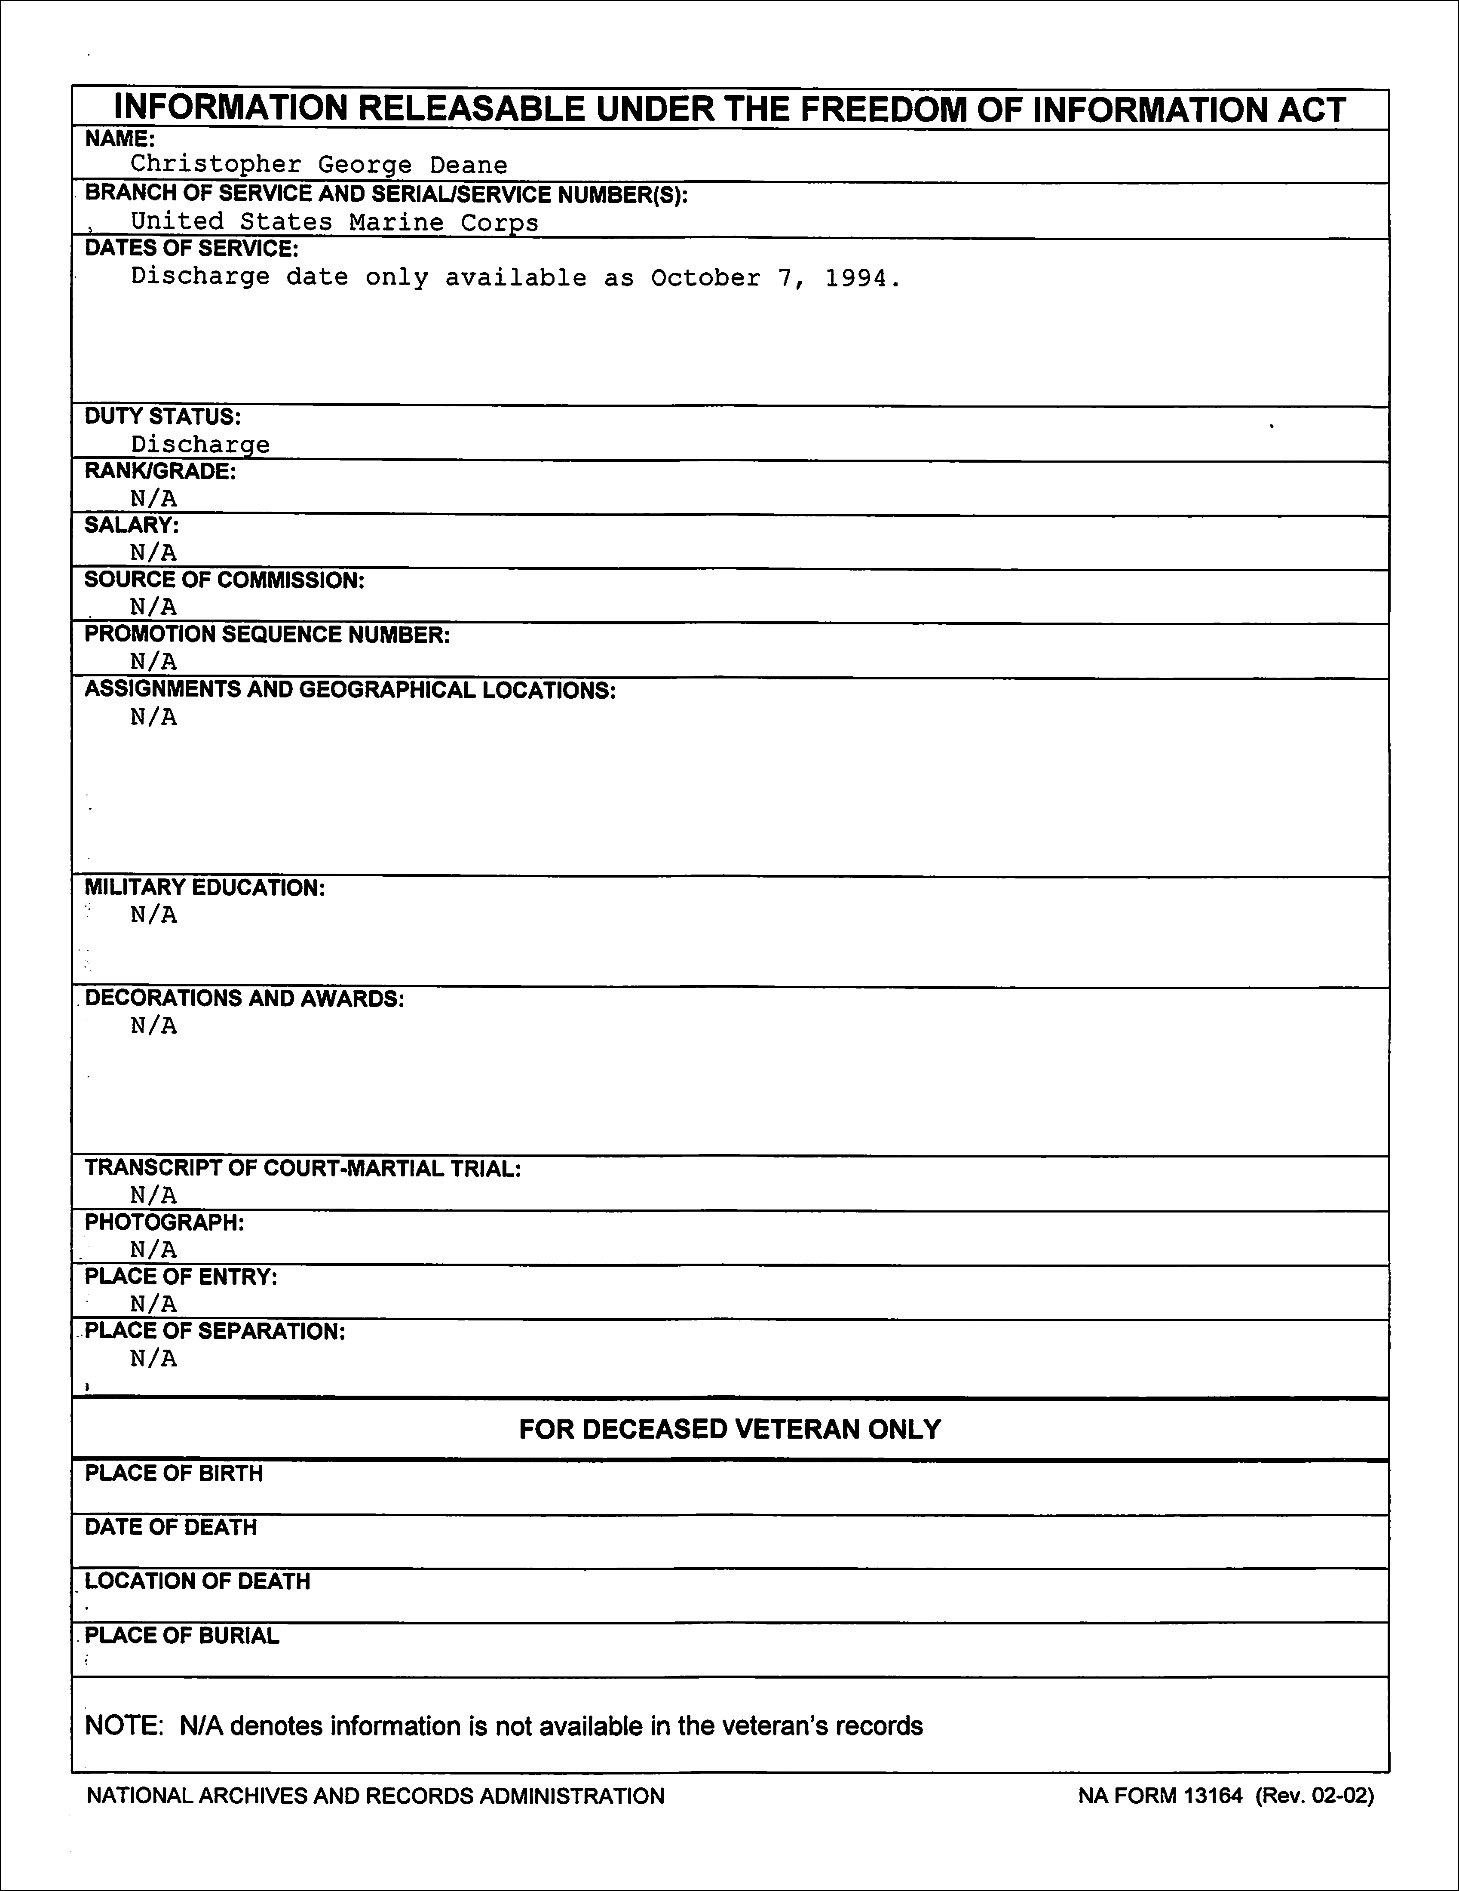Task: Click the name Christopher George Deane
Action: click(319, 165)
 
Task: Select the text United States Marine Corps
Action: click(334, 223)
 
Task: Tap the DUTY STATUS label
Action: click(163, 417)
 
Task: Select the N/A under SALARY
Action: click(153, 553)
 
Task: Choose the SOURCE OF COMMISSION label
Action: click(224, 580)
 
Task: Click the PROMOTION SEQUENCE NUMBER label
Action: click(267, 635)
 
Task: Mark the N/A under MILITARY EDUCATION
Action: click(153, 915)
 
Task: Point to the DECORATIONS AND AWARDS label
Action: click(244, 998)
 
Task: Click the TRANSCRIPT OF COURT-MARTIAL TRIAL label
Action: click(302, 1169)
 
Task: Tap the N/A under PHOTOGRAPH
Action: click(153, 1249)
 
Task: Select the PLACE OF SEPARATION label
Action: click(215, 1331)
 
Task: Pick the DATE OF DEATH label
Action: click(171, 1527)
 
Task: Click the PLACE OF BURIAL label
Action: click(182, 1636)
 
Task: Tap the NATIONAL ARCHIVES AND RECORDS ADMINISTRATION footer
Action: click(375, 1796)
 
